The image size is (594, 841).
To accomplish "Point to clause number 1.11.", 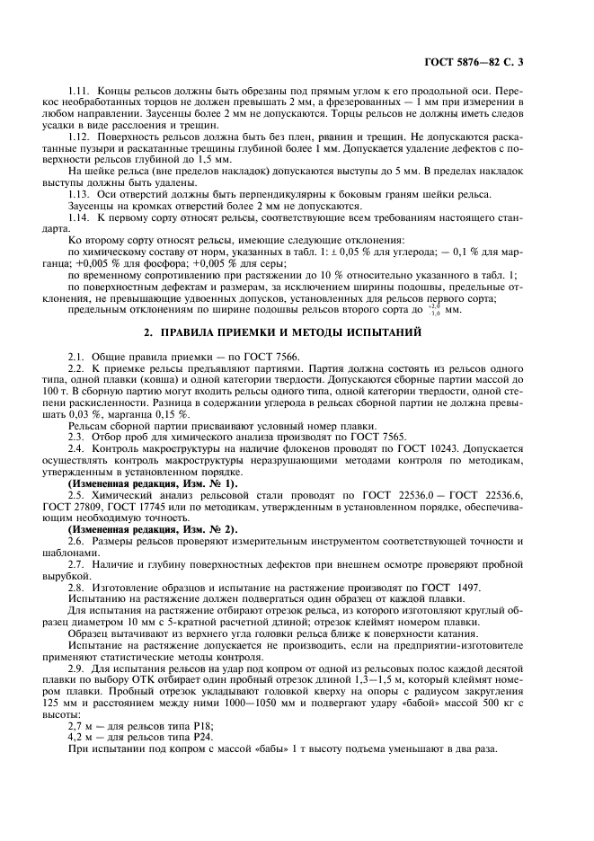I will (80, 93).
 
